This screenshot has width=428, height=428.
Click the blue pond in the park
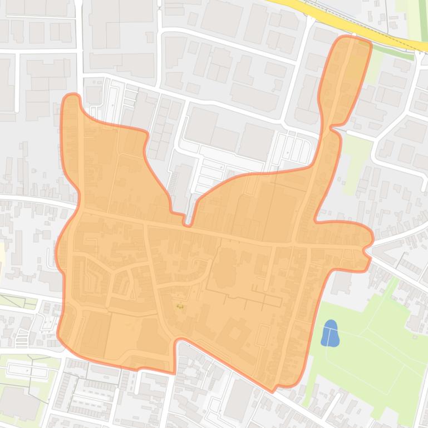(330, 334)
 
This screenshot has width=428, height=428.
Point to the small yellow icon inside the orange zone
(180, 305)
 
